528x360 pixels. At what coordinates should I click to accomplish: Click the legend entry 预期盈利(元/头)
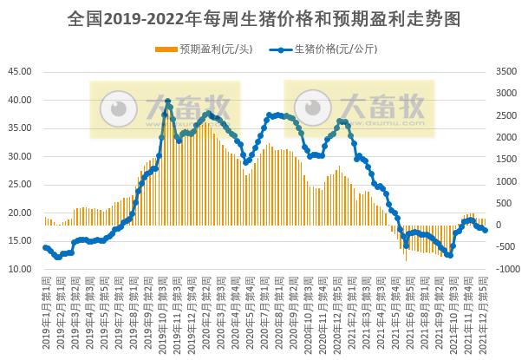[x=205, y=49]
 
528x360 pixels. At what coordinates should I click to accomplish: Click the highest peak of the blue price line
[x=167, y=101]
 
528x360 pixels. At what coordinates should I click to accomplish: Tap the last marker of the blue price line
[x=486, y=230]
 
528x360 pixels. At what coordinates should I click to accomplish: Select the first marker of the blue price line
[x=45, y=247]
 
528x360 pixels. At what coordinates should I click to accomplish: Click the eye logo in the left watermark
[x=118, y=109]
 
